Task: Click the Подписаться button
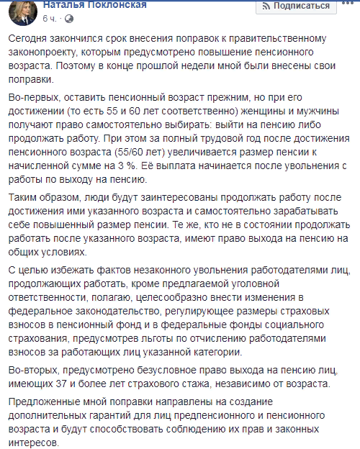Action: coord(295,6)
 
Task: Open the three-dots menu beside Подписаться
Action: coord(348,6)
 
